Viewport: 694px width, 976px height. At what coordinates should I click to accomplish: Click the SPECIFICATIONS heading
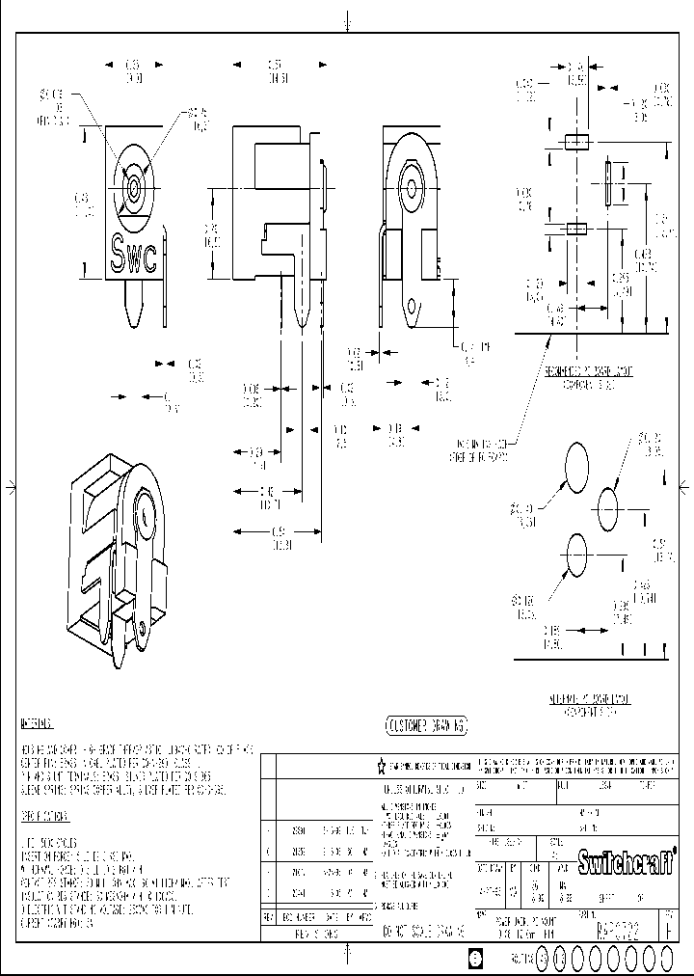point(44,816)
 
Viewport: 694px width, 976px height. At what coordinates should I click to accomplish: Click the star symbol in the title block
point(381,768)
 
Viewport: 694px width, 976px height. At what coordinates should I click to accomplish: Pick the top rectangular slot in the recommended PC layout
point(576,143)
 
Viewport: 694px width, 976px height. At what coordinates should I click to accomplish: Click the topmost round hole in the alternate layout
point(575,465)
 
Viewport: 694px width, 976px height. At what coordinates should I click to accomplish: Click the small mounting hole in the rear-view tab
point(415,310)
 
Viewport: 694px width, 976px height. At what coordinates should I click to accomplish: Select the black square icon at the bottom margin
point(474,959)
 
